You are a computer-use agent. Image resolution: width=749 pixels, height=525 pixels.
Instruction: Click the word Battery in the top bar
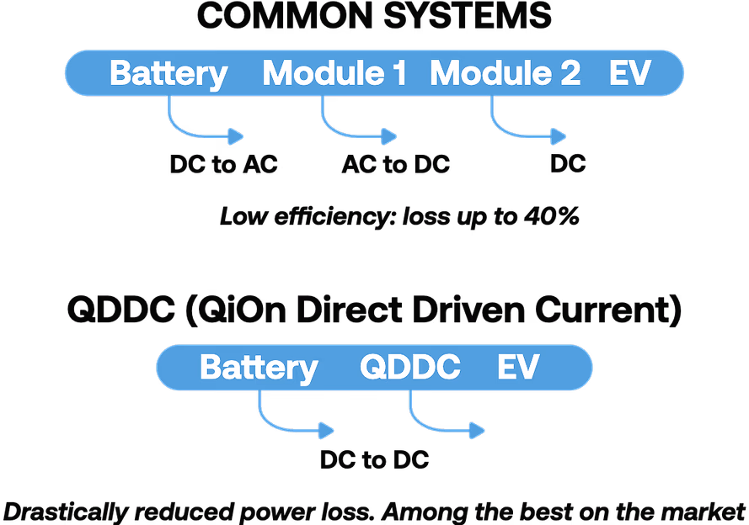tap(169, 73)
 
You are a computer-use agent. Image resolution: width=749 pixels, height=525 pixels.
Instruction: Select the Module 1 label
tap(334, 73)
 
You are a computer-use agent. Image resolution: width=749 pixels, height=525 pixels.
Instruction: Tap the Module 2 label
tap(505, 73)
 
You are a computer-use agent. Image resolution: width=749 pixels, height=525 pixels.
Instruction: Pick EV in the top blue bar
tap(630, 73)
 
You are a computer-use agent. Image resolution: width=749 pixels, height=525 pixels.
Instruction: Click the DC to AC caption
tap(223, 164)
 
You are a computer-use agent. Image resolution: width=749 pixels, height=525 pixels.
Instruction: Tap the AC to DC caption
tap(395, 164)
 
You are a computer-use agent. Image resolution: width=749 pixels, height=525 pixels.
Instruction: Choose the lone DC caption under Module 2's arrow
tap(568, 164)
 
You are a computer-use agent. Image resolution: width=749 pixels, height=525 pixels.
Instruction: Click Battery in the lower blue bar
tap(259, 368)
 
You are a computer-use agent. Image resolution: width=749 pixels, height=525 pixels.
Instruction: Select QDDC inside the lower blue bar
tap(409, 368)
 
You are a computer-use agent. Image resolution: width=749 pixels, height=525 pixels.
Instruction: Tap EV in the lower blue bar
tap(517, 368)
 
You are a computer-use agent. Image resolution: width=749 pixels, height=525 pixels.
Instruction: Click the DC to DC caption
tap(374, 459)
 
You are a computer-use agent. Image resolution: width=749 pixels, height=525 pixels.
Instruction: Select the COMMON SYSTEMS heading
tap(374, 17)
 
